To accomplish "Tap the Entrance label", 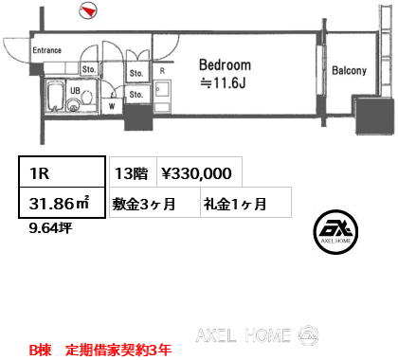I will pos(46,50).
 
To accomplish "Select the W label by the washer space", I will pos(113,105).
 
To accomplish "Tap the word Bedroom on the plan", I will pos(225,65).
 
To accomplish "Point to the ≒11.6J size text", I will pos(225,83).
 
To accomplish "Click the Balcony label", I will pos(349,70).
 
